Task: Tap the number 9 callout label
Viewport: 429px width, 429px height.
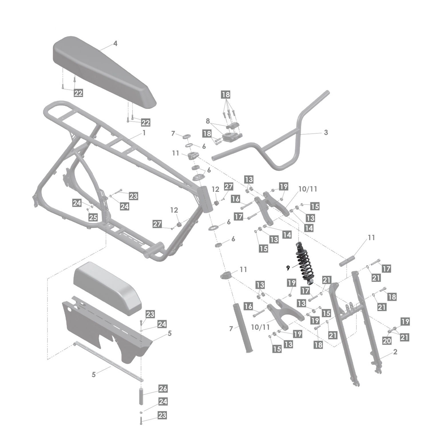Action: [x=288, y=268]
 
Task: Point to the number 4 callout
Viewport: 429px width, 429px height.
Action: [x=115, y=43]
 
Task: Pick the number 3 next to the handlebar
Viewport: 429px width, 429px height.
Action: [x=326, y=132]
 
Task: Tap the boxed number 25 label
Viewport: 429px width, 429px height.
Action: [x=93, y=217]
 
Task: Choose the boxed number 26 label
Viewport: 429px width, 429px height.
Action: [x=163, y=388]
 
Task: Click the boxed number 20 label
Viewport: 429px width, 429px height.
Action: [x=387, y=341]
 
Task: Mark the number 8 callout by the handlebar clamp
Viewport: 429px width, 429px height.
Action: [x=208, y=121]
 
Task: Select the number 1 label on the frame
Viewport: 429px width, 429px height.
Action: [x=144, y=133]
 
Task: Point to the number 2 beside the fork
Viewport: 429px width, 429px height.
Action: [x=395, y=352]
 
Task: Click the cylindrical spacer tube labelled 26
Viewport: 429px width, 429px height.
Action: [x=141, y=396]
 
